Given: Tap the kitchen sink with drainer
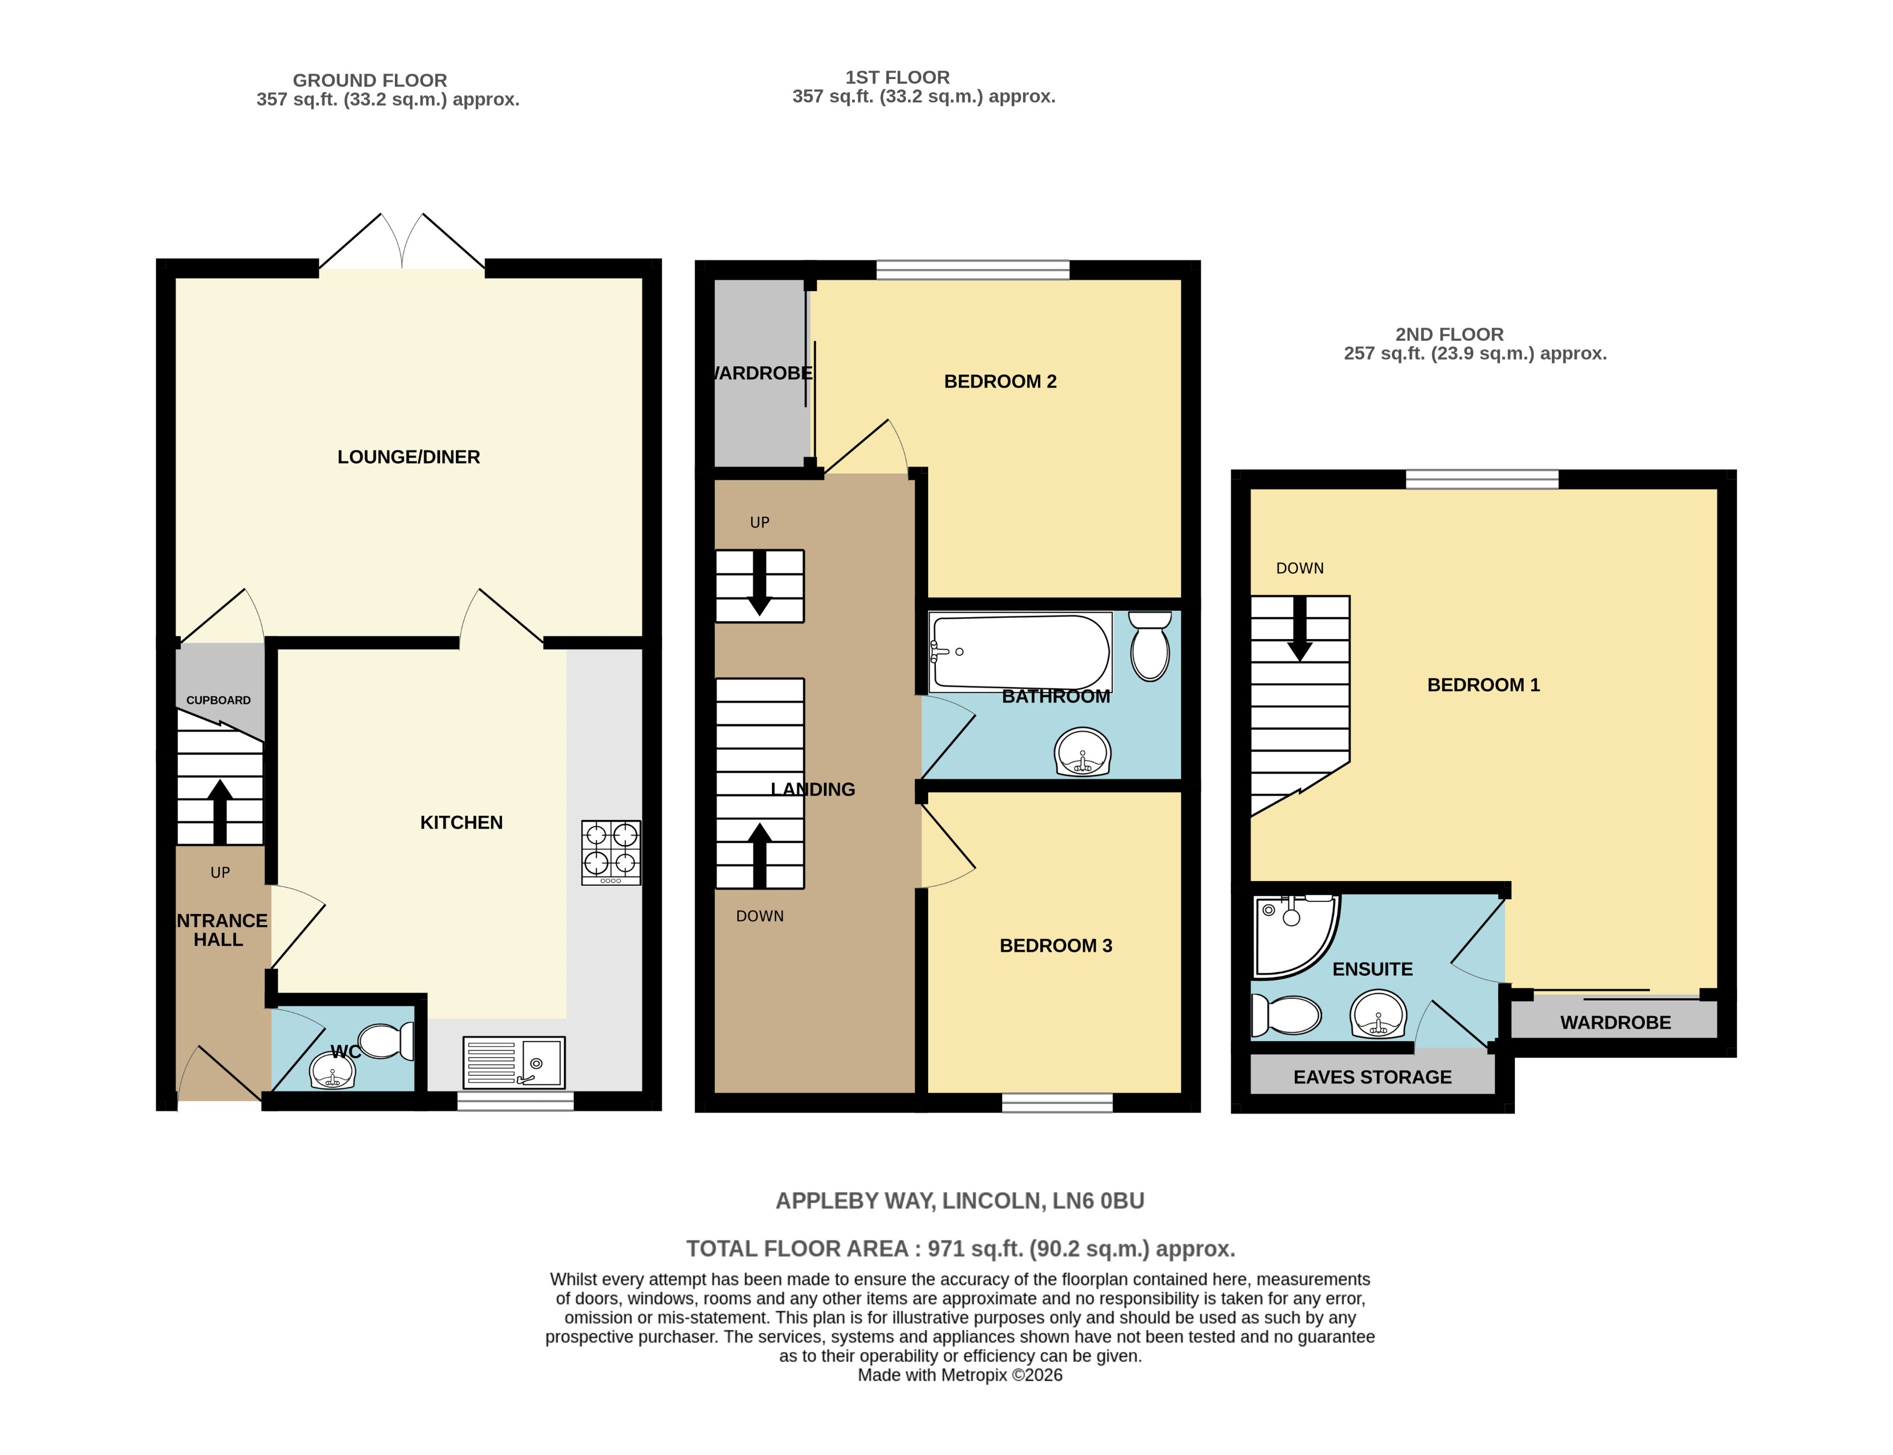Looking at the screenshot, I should click(514, 1062).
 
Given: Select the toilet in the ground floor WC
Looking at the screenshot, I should click(387, 1040).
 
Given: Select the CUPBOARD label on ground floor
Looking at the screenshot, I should click(218, 700).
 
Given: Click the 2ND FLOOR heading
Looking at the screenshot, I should click(1449, 334).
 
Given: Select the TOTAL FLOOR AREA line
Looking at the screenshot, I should click(959, 1248).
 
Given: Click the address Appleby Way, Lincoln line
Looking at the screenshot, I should click(959, 1200).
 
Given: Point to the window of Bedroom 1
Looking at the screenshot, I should click(1481, 479).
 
